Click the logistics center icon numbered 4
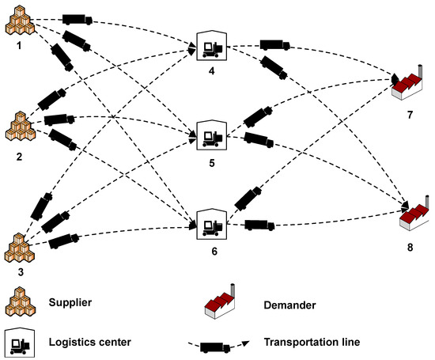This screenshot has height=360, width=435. (212, 47)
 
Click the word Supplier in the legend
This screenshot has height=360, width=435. (70, 303)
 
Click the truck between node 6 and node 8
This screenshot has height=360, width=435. (259, 225)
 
